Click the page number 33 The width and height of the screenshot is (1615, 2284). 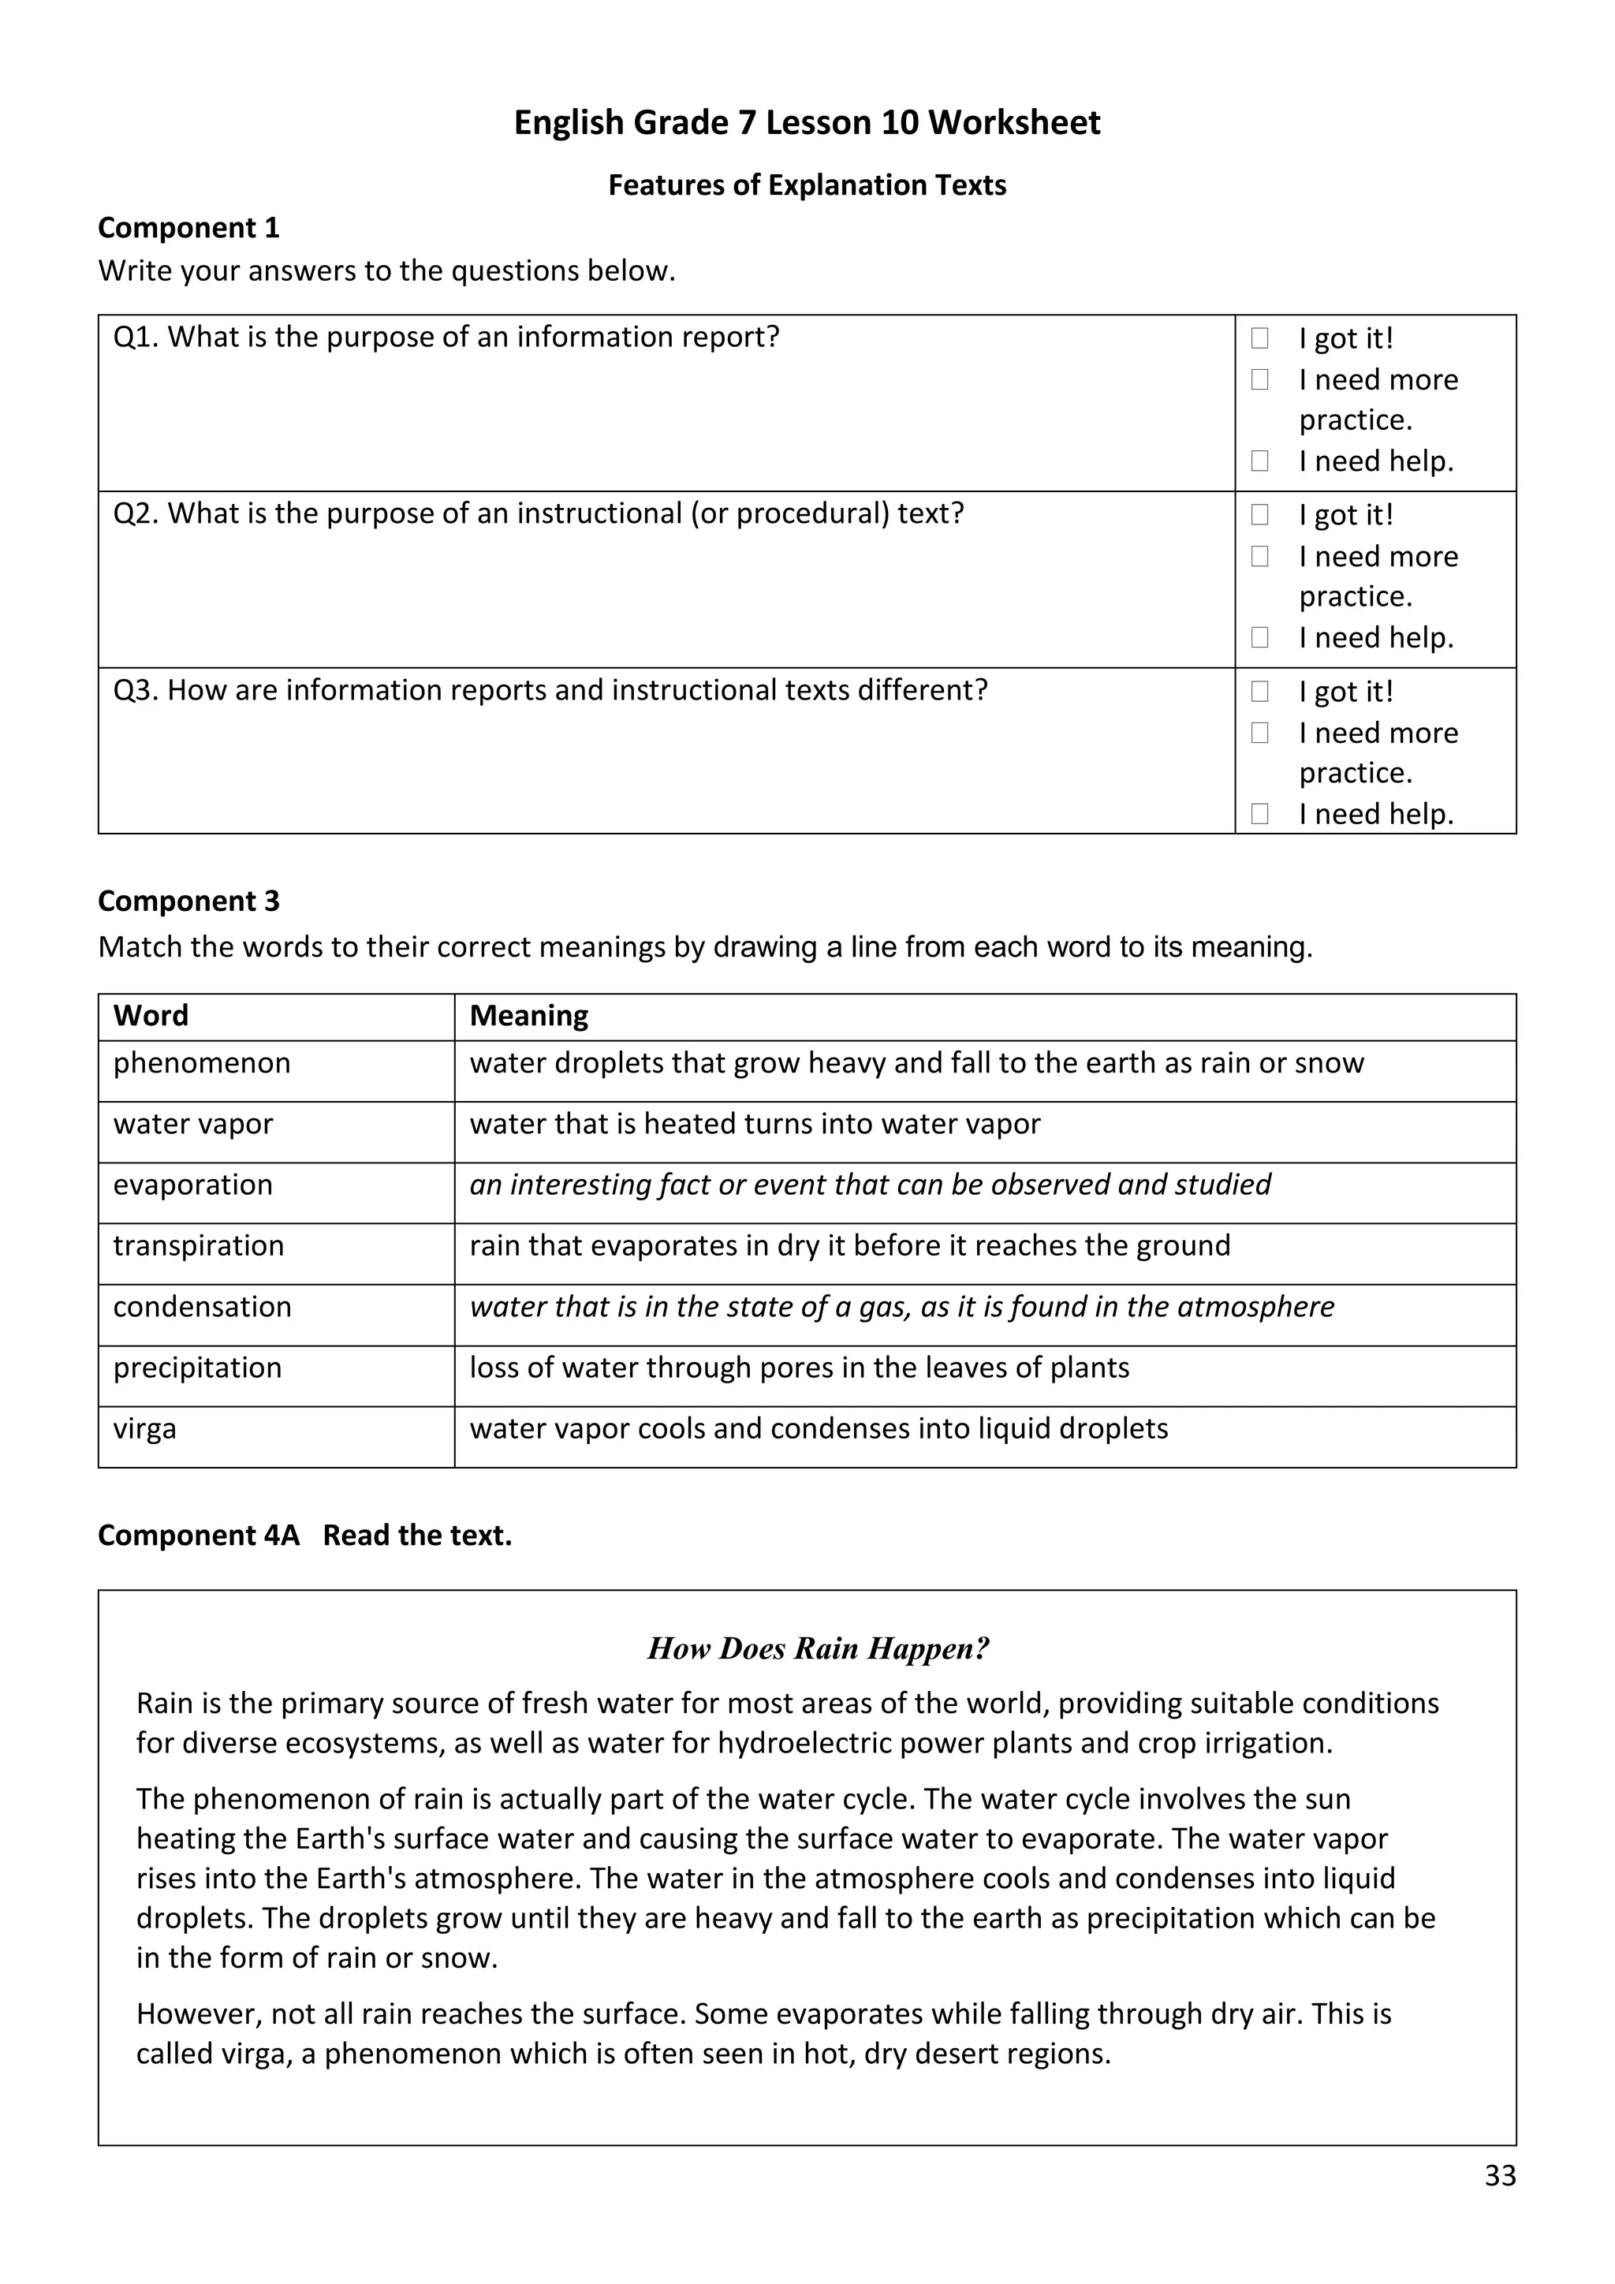1500,2176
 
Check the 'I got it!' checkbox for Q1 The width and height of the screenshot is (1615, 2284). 1260,338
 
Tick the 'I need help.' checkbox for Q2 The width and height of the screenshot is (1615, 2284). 1260,636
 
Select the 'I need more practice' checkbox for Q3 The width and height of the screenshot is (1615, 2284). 1260,732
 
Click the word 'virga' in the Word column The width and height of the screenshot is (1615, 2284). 145,1428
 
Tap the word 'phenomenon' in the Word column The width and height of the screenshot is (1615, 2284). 202,1063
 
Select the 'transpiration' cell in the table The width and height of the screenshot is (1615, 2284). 199,1245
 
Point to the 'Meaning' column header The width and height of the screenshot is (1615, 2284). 529,1016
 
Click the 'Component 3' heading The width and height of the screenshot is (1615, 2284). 189,901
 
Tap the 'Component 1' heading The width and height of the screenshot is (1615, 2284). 189,228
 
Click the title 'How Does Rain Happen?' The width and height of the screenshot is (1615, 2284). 818,1648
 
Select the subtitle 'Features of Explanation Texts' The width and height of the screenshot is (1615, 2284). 807,185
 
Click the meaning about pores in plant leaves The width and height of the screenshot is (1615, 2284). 800,1368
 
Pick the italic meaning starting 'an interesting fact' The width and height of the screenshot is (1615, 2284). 870,1185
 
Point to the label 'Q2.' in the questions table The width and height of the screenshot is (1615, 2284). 136,513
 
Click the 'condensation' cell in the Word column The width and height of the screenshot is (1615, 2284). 203,1306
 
